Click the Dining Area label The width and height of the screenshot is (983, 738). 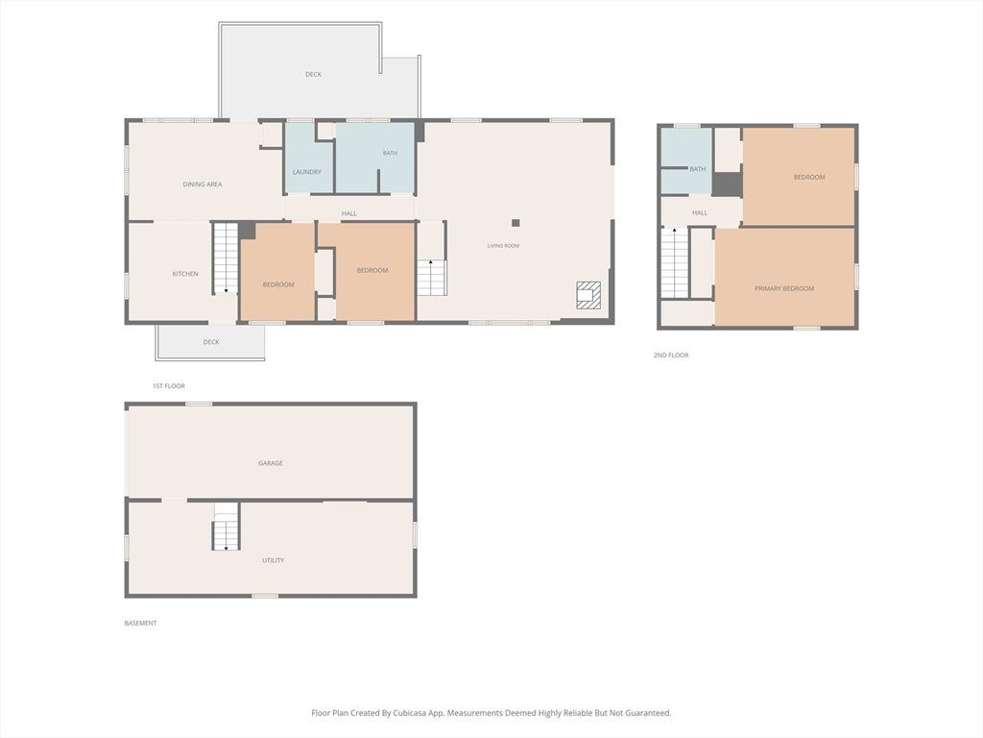point(202,184)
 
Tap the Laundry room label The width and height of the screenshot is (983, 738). point(306,172)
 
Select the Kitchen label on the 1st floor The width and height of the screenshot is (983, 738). point(185,274)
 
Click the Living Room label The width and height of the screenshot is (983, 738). point(503,246)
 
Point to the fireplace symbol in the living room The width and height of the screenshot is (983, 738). point(588,295)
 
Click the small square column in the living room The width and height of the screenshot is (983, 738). point(515,223)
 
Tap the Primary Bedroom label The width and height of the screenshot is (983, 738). point(784,288)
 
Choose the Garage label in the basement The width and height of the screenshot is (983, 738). point(270,463)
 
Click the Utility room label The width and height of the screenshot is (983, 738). point(273,560)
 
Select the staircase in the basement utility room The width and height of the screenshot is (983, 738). point(226,526)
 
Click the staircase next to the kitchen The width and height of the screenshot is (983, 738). point(225,258)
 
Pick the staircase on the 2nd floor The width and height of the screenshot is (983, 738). point(675,263)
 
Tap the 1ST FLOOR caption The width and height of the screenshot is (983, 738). point(169,386)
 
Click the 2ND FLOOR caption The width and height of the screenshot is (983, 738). point(671,356)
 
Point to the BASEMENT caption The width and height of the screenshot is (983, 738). point(140,623)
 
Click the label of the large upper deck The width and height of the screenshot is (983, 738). point(314,75)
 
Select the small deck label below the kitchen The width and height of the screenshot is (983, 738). point(211,342)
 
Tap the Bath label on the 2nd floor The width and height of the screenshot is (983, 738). point(698,169)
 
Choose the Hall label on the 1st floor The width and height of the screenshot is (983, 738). point(349,213)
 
